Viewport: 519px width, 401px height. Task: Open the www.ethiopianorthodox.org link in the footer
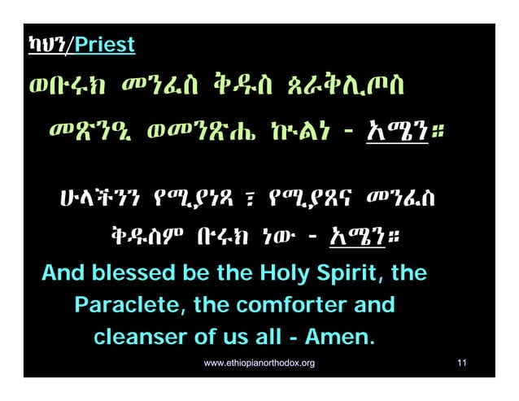click(259, 363)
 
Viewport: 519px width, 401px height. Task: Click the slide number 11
click(461, 363)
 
